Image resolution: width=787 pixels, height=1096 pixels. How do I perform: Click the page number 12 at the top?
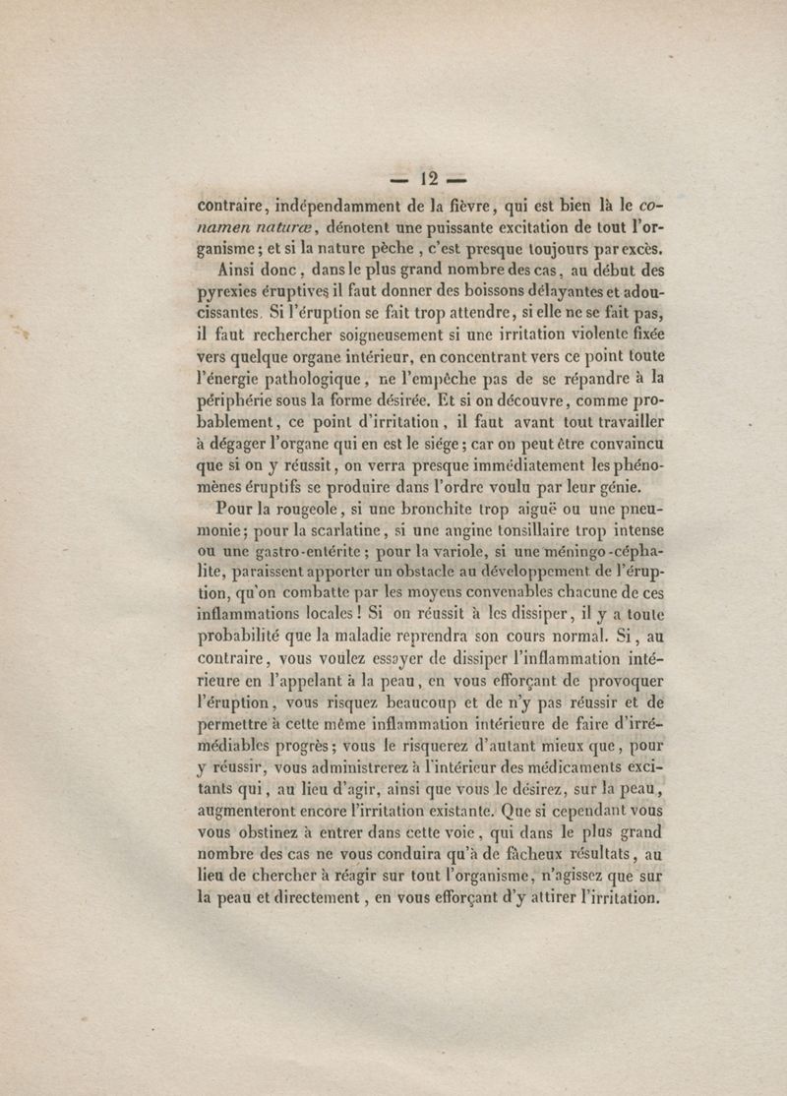(x=428, y=180)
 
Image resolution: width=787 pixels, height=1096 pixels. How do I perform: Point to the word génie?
(x=616, y=488)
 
